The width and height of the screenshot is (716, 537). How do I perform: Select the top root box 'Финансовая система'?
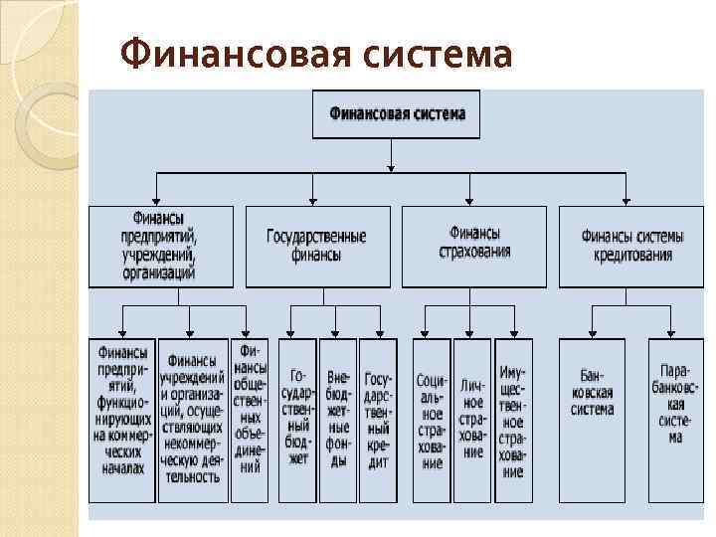(x=396, y=113)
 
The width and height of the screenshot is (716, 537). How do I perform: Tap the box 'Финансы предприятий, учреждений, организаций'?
(x=161, y=246)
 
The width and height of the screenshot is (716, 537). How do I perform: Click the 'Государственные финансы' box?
(x=317, y=246)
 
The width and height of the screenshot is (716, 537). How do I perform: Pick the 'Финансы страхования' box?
(x=473, y=246)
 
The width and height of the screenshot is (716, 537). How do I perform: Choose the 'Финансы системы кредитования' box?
(x=631, y=246)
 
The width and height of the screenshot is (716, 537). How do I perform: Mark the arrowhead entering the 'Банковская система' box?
(x=592, y=333)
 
